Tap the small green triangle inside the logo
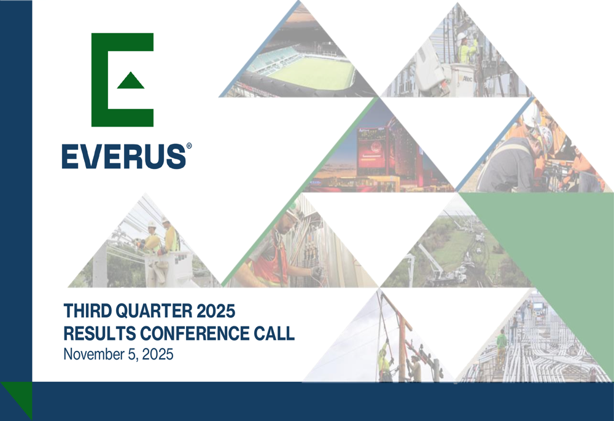coord(130,81)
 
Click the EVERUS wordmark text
coord(123,156)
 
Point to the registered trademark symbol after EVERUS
coord(188,146)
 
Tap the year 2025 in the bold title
coord(215,310)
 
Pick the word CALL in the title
coord(274,334)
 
